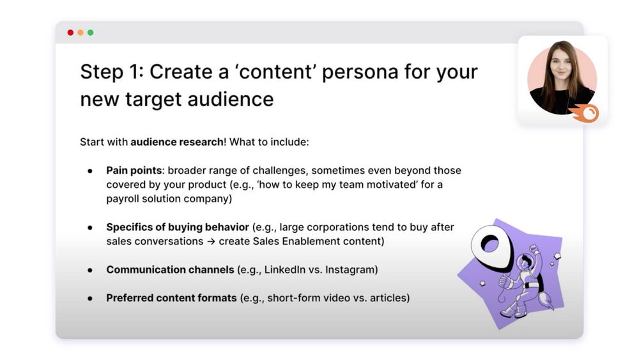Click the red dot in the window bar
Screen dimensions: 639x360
(x=70, y=33)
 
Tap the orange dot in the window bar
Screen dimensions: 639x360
(x=81, y=33)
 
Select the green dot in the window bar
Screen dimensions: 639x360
(x=91, y=33)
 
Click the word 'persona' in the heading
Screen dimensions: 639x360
(x=360, y=72)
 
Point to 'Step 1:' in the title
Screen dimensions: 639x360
(x=112, y=72)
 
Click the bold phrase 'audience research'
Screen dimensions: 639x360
(x=177, y=142)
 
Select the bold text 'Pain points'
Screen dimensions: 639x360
(x=134, y=171)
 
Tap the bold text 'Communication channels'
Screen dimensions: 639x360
(x=171, y=269)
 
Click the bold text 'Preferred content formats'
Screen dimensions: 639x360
(x=171, y=298)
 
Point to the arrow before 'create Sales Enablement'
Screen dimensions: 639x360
(x=211, y=241)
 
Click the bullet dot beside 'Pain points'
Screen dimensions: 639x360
(x=90, y=171)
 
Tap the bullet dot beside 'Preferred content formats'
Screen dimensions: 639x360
(x=90, y=299)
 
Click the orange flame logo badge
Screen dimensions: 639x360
(x=585, y=113)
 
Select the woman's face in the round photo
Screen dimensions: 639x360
(x=562, y=66)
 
